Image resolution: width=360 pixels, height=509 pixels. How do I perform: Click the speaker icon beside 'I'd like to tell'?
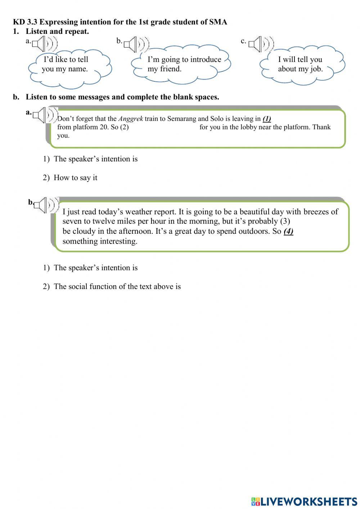point(44,44)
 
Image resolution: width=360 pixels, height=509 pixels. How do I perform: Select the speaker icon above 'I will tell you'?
point(261,44)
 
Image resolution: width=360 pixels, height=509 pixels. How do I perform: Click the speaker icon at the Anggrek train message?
point(45,115)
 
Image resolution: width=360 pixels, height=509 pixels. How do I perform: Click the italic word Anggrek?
point(130,119)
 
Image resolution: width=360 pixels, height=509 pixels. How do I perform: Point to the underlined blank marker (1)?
point(267,119)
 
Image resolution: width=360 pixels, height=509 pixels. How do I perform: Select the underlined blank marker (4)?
point(288,231)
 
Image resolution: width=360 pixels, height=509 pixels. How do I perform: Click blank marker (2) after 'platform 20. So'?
point(124,127)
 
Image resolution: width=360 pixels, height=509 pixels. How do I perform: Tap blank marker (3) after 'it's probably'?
point(285,221)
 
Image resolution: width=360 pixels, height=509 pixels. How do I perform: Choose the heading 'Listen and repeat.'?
point(57,31)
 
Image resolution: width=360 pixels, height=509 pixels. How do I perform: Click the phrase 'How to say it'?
point(75,178)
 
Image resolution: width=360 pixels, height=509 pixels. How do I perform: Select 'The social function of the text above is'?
point(117,286)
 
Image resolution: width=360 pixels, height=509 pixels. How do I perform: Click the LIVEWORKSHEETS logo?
point(304,501)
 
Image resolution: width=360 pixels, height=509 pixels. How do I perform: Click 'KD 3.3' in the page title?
point(25,22)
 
